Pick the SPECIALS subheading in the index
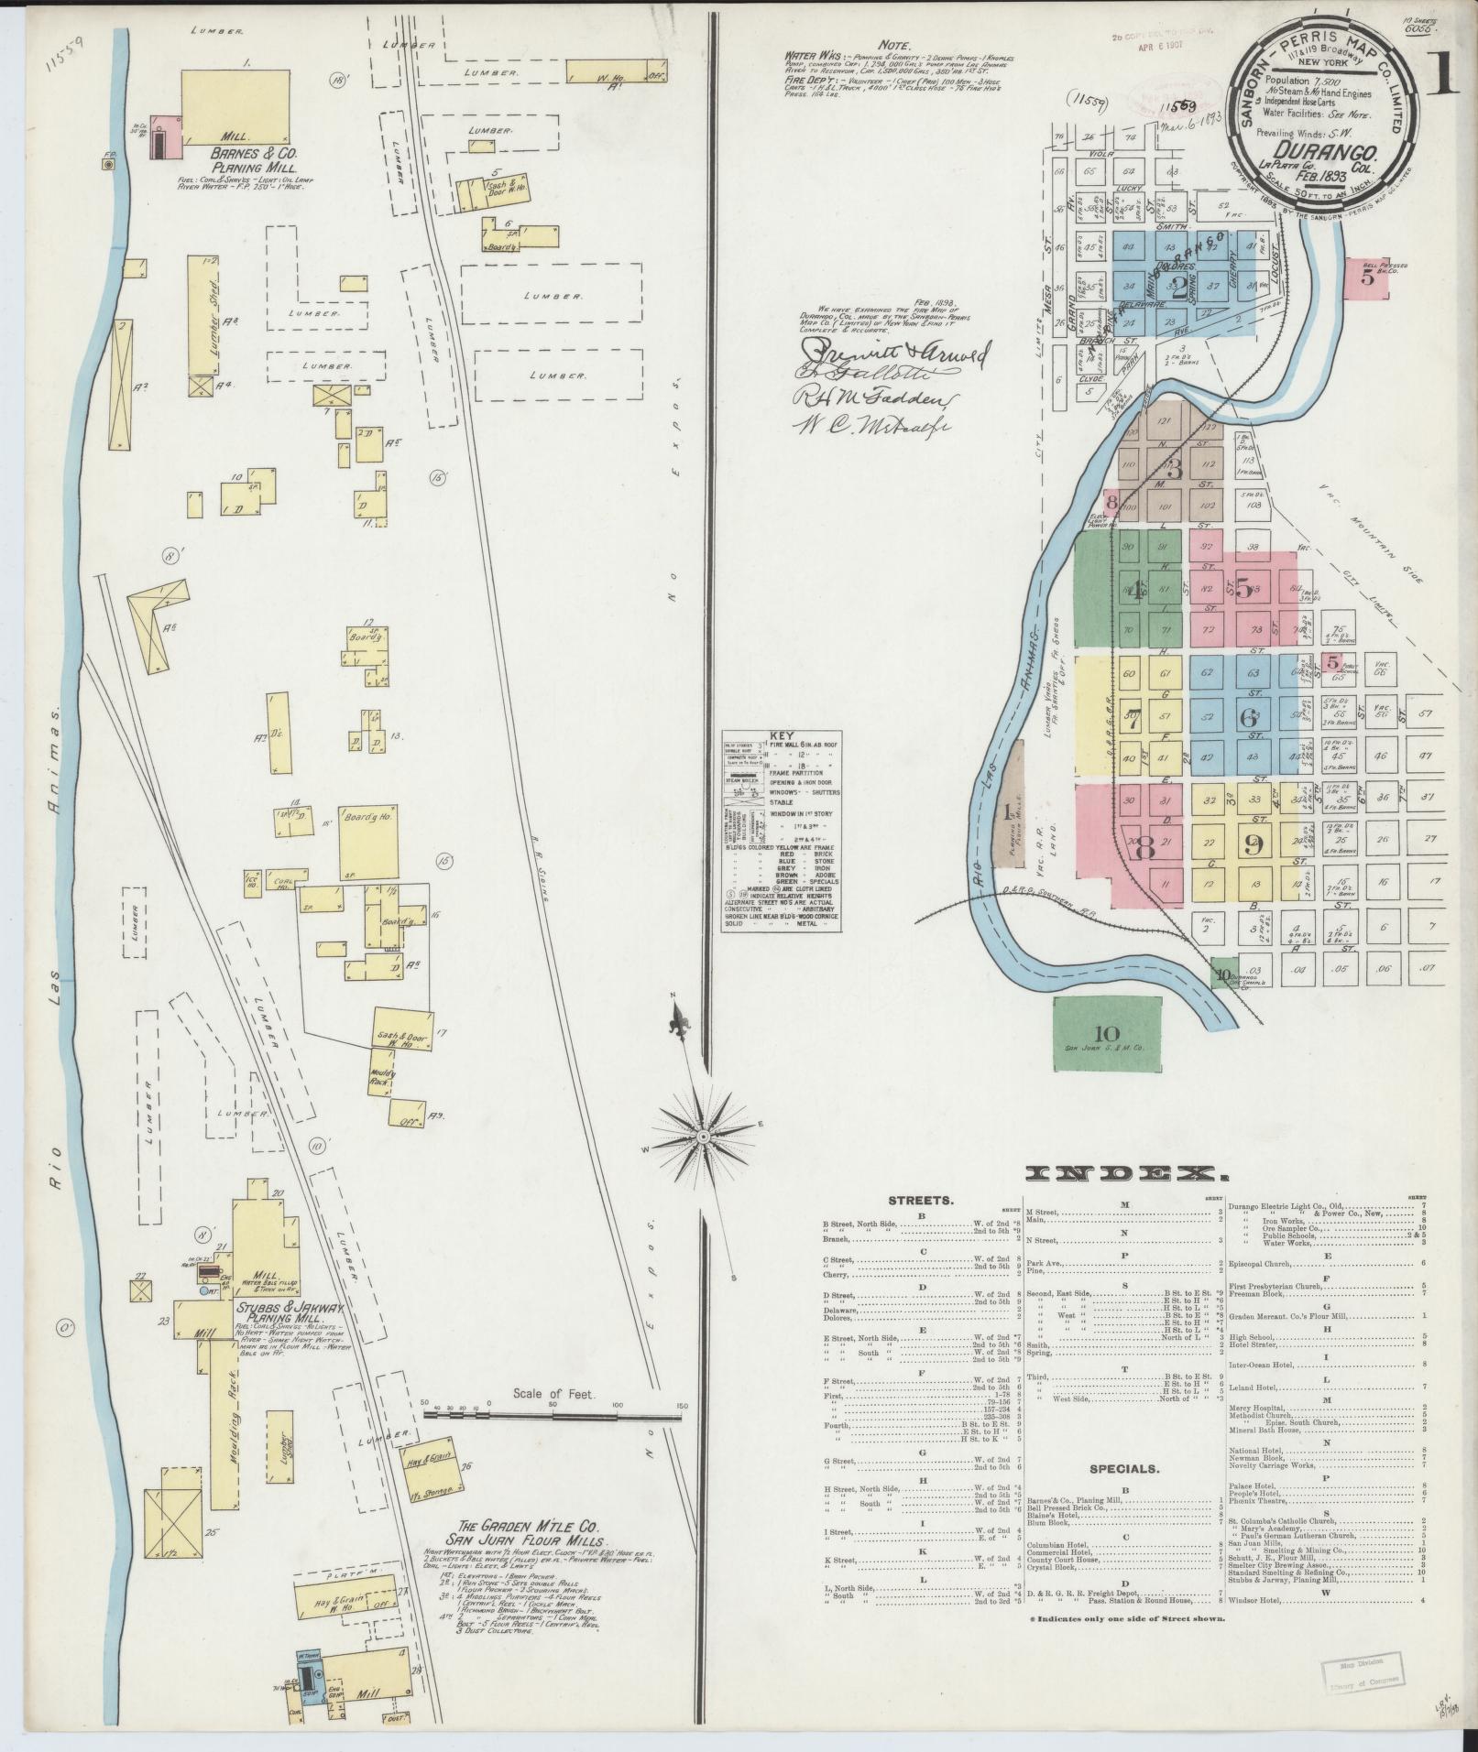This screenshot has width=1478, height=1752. pyautogui.click(x=1124, y=1495)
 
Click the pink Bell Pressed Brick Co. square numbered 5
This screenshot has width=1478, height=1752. pyautogui.click(x=1367, y=278)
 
